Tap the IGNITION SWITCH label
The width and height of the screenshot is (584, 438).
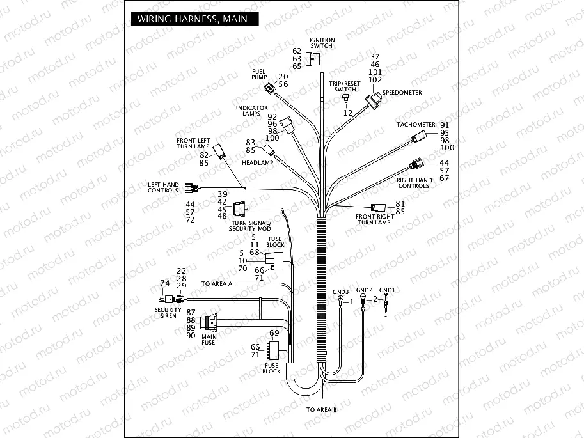322,43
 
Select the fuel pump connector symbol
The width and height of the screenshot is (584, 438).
271,88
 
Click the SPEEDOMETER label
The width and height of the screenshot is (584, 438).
402,93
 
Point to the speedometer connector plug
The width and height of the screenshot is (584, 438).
372,101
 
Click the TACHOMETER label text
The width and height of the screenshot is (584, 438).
415,124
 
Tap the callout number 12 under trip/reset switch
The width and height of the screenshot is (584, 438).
348,113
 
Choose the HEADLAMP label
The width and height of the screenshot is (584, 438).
258,163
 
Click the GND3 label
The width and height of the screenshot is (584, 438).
341,292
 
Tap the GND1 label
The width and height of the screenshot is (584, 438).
387,290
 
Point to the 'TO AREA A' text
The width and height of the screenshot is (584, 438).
216,283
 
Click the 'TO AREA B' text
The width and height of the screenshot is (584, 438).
321,409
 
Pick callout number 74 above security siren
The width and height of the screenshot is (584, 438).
164,283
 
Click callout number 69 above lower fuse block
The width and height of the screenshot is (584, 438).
274,333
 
